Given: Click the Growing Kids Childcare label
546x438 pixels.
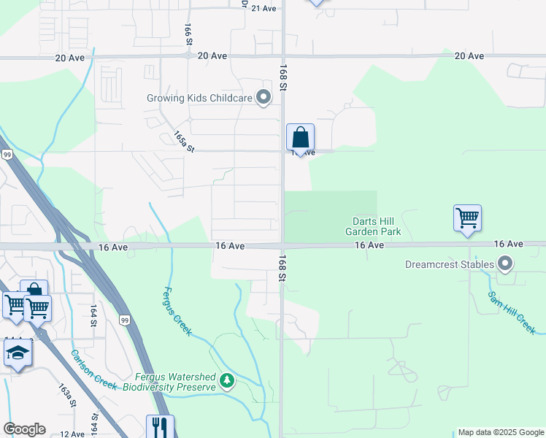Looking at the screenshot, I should point(199,98).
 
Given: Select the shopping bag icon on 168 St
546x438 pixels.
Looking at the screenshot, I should point(300,137).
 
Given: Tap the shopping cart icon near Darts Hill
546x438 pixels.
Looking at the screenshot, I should point(467,218).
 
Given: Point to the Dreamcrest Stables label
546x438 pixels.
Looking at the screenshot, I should point(448,264).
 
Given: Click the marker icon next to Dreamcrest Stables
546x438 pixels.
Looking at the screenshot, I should point(504,264).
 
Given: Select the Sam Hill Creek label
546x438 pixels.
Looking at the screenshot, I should point(510,312).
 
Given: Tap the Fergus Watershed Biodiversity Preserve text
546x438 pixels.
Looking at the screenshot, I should point(175,382).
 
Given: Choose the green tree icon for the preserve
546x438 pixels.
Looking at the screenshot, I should point(228,380).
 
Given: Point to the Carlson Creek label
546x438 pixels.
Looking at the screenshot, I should point(93,369).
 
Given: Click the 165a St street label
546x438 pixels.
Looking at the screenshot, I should point(184,142).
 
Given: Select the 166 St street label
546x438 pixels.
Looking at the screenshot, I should point(188,34).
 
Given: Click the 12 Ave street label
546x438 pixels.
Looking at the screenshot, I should point(72,434).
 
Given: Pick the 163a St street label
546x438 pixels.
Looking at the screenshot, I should point(68,395).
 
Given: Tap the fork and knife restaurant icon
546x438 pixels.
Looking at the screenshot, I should point(160,427).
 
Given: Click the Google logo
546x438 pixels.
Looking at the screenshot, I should point(24,429).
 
